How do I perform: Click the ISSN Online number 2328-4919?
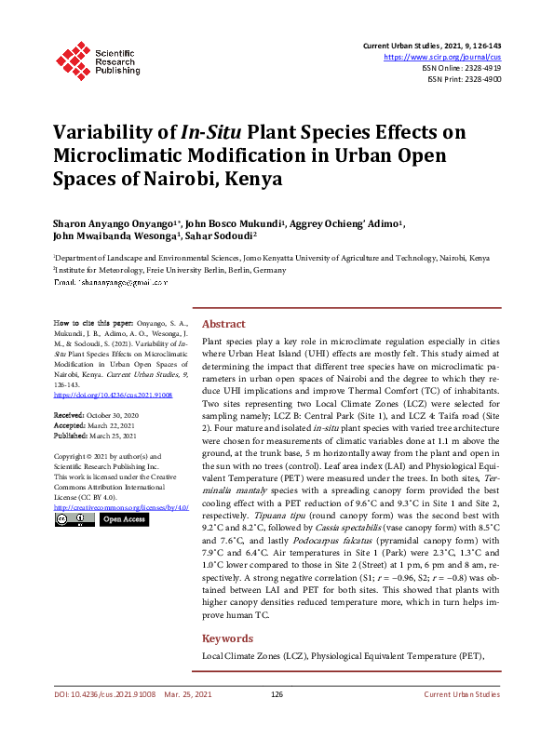click(483, 68)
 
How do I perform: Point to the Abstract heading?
click(223, 324)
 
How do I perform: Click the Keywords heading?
click(228, 638)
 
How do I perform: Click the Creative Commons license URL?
click(121, 508)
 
